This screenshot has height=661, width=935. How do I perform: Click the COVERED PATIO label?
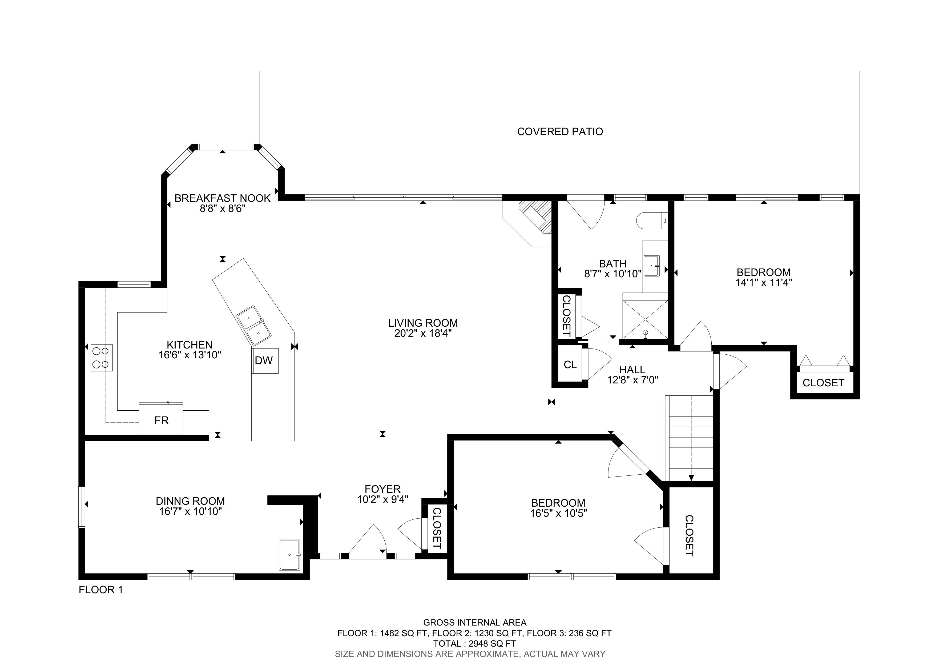point(560,131)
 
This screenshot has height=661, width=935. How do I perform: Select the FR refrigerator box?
point(161,419)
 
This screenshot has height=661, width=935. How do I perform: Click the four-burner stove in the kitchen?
point(101,358)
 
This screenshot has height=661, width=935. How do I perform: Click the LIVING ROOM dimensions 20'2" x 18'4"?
point(423,334)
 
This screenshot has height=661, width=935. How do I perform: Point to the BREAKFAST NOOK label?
point(222,198)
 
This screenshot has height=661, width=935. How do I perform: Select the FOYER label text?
point(382,489)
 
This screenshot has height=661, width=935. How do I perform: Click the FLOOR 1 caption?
point(100,590)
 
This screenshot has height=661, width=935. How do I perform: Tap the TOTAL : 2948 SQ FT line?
point(475,644)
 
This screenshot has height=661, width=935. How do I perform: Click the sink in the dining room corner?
point(289,555)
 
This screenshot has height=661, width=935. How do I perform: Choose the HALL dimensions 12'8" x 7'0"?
point(632,380)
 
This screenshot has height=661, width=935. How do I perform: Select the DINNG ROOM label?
point(190,501)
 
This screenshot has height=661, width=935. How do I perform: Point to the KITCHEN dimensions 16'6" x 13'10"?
point(190,355)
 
